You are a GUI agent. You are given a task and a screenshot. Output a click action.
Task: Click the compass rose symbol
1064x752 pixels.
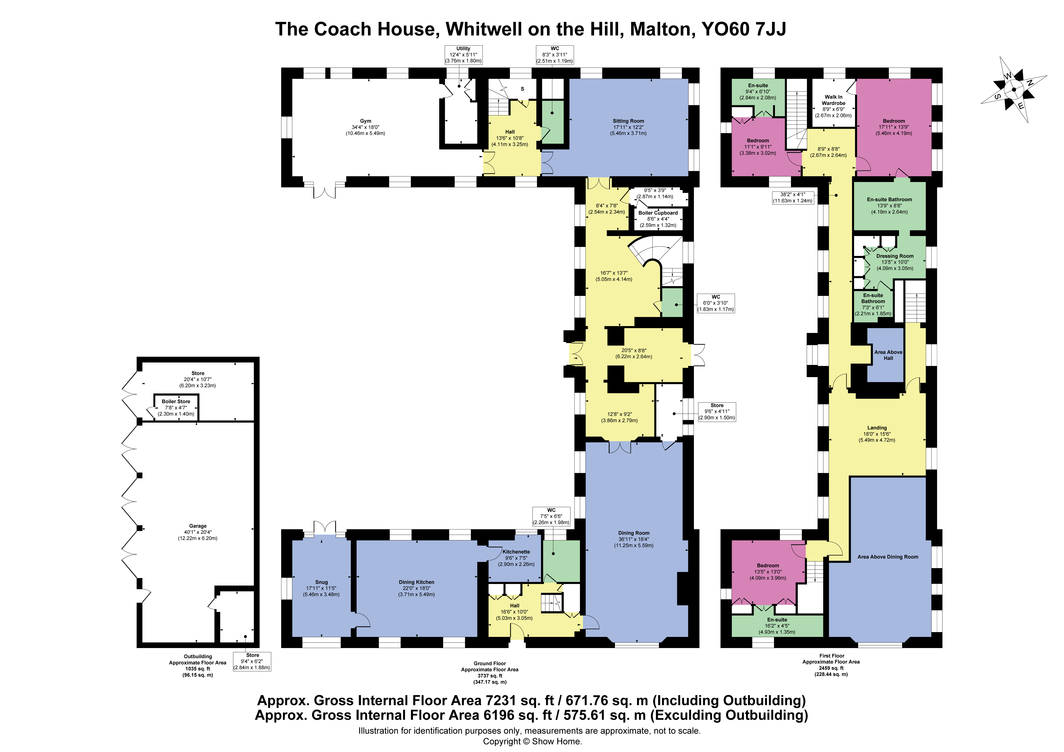point(1013,89)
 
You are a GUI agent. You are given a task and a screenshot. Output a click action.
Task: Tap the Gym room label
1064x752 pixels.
point(366,121)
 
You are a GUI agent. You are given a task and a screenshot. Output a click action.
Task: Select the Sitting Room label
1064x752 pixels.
point(628,121)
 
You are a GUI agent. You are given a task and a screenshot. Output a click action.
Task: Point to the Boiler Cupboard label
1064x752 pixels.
point(658,213)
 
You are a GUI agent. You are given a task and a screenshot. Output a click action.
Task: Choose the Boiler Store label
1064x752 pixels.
point(176,401)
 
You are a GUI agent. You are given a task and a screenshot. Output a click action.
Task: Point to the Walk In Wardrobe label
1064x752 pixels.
point(834,100)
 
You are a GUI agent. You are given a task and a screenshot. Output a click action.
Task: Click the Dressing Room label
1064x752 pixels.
point(895,256)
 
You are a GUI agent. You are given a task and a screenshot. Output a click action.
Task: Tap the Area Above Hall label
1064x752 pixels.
point(888,355)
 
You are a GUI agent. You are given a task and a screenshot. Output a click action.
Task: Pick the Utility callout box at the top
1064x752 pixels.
point(463,55)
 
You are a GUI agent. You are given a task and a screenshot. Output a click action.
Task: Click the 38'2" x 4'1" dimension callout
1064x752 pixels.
point(793,197)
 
